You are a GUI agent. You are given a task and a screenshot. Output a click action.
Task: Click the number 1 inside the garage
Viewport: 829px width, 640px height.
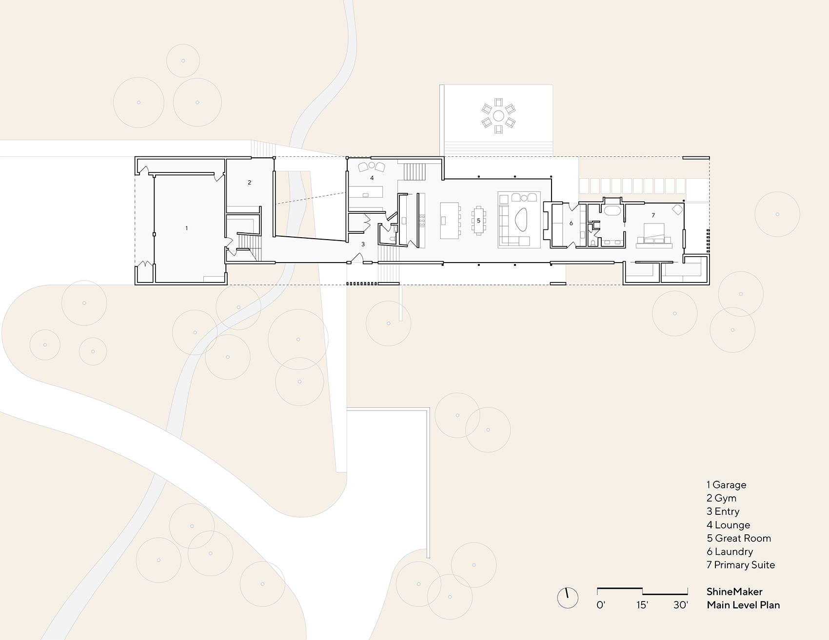coord(186,228)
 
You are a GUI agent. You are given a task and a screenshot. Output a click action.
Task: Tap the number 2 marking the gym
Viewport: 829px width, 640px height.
coord(249,183)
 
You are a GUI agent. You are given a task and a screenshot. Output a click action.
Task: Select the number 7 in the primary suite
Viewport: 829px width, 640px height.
coord(653,215)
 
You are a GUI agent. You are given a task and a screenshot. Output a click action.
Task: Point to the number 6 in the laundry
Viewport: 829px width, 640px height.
coord(571,224)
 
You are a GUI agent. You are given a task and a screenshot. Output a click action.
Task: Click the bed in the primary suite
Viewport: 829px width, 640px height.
coord(654,233)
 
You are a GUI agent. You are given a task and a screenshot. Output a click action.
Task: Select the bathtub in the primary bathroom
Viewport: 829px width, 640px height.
coord(612,211)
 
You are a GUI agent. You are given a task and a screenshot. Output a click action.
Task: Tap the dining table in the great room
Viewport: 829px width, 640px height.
coord(478,221)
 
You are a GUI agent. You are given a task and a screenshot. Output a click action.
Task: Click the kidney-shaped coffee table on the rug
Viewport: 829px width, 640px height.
coord(521,220)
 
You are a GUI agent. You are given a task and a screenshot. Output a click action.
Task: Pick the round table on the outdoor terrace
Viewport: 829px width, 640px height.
coord(498,116)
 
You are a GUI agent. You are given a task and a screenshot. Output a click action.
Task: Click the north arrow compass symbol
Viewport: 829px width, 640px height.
coord(567,597)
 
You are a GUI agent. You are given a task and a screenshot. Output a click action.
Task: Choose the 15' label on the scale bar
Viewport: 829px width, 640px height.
coord(642,605)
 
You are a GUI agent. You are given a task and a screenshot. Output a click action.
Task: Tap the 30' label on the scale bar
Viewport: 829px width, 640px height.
coord(680,605)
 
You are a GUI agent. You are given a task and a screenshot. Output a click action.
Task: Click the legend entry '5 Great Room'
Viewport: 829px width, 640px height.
coord(739,538)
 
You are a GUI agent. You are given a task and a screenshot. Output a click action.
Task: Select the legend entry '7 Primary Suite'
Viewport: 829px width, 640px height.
coord(740,565)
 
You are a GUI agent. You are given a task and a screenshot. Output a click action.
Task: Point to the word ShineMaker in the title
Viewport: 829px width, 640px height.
coord(734,592)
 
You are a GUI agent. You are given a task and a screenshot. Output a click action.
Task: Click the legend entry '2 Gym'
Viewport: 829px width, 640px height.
coord(721,498)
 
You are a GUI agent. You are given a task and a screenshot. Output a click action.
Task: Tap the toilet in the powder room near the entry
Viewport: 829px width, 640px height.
coord(393,238)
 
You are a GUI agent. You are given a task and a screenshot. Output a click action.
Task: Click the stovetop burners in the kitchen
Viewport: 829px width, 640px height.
coord(422,221)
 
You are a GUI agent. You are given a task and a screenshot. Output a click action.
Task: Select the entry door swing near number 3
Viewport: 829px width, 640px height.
coord(356,258)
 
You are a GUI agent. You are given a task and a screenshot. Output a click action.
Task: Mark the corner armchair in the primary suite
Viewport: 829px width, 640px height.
coord(677,209)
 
